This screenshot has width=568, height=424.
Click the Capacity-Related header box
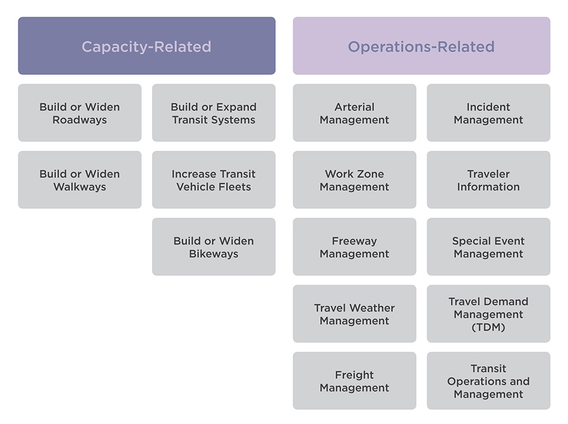click(x=146, y=46)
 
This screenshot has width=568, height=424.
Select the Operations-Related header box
click(x=421, y=46)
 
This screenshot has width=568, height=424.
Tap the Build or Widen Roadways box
click(x=79, y=113)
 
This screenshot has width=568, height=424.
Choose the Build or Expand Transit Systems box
click(x=214, y=113)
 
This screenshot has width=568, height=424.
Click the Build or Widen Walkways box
click(x=79, y=180)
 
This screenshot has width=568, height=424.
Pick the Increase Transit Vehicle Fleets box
click(x=214, y=180)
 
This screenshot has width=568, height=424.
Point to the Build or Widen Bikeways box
click(x=214, y=247)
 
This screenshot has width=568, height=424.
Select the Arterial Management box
click(x=354, y=113)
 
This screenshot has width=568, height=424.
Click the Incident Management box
click(x=488, y=113)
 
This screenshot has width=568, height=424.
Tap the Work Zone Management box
click(x=354, y=180)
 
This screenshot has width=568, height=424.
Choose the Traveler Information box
click(x=488, y=180)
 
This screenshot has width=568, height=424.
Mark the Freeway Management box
click(x=354, y=247)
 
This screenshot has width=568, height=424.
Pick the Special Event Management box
click(x=488, y=247)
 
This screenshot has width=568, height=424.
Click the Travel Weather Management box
click(x=354, y=314)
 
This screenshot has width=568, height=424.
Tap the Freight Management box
click(x=354, y=381)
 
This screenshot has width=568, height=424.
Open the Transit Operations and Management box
click(x=488, y=381)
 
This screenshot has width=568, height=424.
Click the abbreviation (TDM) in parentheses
click(x=488, y=327)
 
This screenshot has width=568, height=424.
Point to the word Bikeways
click(x=214, y=254)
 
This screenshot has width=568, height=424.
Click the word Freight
click(x=354, y=375)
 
